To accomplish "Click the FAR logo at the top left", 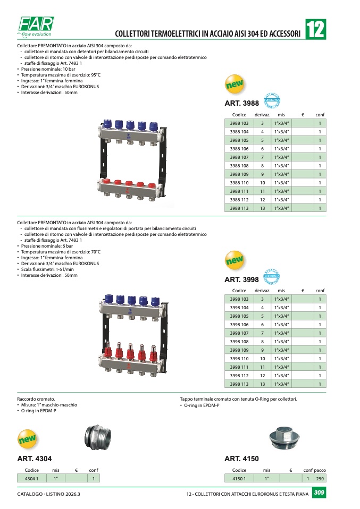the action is coord(36,26).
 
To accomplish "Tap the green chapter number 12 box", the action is coord(315,29).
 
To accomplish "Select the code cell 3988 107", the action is coord(239,157).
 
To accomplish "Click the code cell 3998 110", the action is coord(239,359).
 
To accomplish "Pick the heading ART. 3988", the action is coord(242,103).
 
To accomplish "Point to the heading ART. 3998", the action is coord(242,279).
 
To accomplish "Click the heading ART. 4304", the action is coord(35,459).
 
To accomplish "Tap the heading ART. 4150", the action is coord(242,459).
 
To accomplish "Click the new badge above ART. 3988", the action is coord(235,84).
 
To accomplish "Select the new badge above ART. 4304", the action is coord(27,439).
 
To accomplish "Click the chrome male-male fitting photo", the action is coord(98,437).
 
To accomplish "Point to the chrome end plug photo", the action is coord(284,438).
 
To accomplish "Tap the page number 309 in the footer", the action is coord(319,493).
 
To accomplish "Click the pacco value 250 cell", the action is coord(320,479).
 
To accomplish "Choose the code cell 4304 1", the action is coord(31,479).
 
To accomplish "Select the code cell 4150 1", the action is coord(239,479).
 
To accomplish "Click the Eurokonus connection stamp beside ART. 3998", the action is coord(272,277).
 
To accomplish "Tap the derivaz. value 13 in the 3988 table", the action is coord(263,208).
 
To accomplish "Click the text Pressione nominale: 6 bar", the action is coord(47,246).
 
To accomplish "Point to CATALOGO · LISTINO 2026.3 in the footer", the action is coord(49,494).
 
